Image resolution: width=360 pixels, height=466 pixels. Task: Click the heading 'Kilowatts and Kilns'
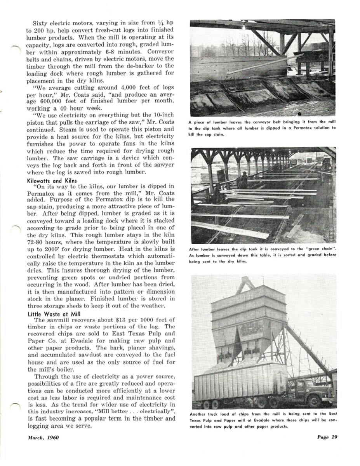(52, 181)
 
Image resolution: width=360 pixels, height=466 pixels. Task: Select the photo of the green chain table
(263, 195)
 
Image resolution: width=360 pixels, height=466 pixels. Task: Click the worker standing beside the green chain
(244, 180)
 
